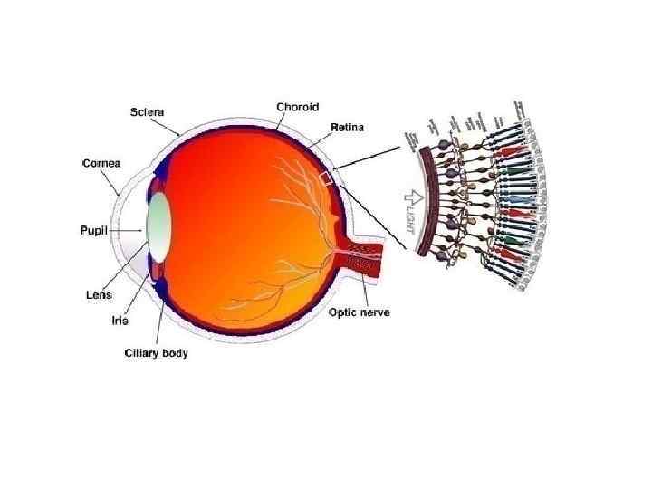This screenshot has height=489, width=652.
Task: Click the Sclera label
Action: [x=145, y=111]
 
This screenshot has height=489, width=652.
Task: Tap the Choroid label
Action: [x=298, y=107]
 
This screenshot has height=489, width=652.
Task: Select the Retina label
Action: [x=347, y=128]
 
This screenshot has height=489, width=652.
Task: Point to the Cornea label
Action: [x=102, y=164]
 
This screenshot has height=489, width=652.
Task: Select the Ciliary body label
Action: [x=156, y=352]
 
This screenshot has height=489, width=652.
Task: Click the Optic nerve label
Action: [x=360, y=312]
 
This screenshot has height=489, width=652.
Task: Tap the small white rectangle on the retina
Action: [x=327, y=178]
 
